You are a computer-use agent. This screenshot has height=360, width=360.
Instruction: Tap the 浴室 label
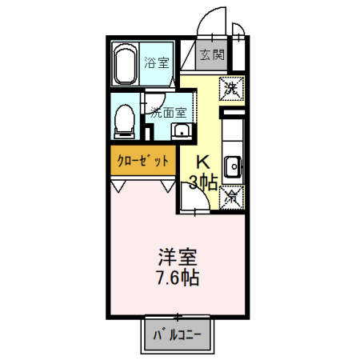coord(157,62)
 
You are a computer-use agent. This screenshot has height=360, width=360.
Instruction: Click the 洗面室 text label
coord(169,112)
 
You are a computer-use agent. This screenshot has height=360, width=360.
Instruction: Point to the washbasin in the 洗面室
coord(182,132)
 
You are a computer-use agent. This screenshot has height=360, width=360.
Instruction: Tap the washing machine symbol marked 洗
coord(231,88)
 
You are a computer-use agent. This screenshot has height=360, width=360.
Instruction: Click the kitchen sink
coord(233,166)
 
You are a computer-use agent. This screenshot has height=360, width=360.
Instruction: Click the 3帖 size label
coord(203,182)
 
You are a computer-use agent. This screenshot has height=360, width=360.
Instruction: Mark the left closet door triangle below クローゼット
coord(119,185)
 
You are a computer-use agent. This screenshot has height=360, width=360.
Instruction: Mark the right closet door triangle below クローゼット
coord(168,185)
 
